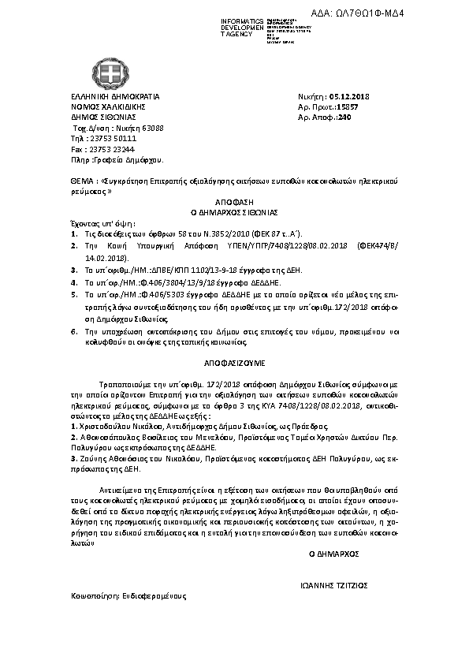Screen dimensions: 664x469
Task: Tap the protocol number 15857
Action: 347,106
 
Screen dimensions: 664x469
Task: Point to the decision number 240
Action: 344,116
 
